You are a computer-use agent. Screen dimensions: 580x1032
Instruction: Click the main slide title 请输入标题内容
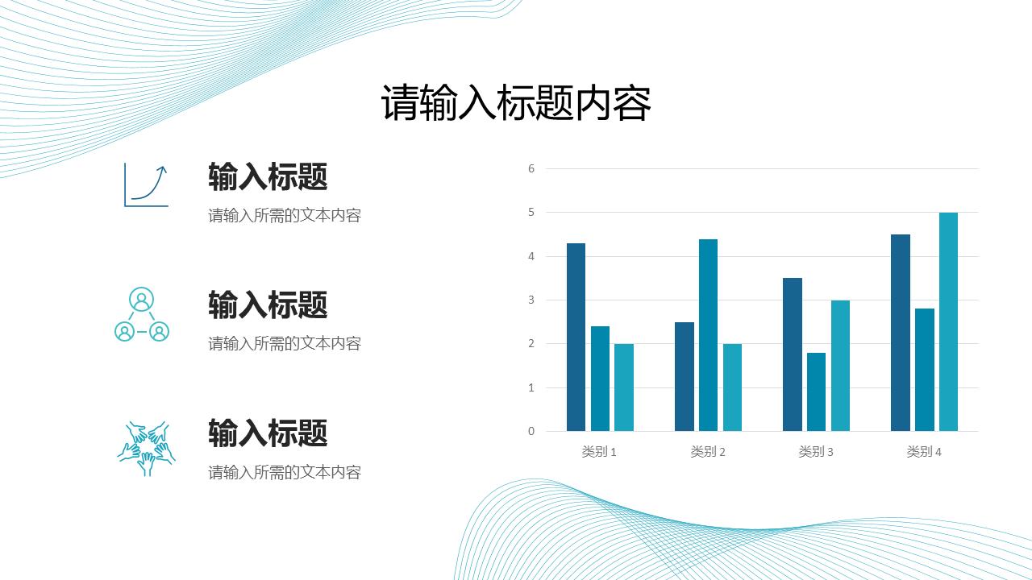[516, 104]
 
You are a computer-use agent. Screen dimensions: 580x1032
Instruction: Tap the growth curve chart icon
[146, 185]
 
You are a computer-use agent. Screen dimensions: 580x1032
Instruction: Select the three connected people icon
[142, 314]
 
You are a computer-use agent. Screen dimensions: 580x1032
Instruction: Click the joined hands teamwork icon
[146, 447]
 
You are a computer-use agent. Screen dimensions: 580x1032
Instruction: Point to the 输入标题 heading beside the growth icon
[268, 176]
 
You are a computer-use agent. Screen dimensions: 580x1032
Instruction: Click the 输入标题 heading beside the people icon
[268, 305]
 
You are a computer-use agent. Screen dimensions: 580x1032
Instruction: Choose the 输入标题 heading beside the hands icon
[268, 433]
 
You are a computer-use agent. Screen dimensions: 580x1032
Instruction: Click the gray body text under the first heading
[285, 215]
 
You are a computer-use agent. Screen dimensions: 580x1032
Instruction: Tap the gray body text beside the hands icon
[285, 472]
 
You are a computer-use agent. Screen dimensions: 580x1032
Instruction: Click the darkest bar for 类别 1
[576, 337]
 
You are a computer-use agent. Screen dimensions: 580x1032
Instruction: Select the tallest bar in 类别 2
[708, 334]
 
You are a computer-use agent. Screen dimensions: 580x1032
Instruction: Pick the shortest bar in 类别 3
[816, 391]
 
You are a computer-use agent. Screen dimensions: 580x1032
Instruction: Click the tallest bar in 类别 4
[948, 321]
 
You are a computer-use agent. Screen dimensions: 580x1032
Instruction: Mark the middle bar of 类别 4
[924, 370]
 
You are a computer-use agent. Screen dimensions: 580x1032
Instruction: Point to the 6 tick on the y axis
[531, 168]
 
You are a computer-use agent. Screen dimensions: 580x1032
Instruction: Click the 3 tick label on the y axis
[531, 300]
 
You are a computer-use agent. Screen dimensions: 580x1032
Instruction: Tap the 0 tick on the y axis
[531, 431]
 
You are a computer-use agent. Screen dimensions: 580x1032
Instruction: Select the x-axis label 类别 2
[708, 452]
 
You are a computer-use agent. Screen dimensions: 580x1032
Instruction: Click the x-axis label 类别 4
[924, 452]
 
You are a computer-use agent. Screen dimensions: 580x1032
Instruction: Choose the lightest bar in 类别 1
[624, 387]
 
